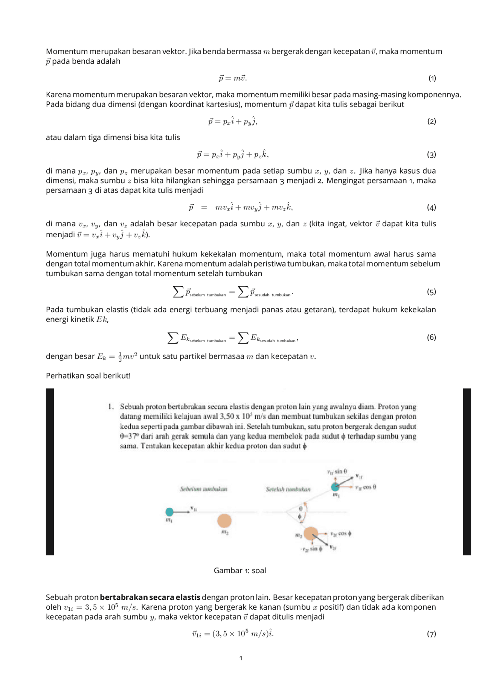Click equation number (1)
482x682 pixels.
(432, 78)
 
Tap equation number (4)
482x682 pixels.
(432, 207)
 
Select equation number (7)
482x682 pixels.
(432, 634)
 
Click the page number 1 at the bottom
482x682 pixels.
(241, 658)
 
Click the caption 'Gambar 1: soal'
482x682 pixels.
(240, 571)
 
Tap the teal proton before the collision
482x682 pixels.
(169, 512)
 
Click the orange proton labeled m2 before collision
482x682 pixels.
(224, 521)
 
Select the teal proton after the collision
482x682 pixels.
(335, 487)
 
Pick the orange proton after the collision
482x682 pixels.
(311, 534)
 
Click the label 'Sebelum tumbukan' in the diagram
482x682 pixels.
(203, 489)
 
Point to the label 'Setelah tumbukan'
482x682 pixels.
(288, 489)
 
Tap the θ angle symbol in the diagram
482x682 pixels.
(301, 508)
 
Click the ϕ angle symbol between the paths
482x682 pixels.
(300, 517)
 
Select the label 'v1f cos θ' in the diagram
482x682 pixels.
(365, 487)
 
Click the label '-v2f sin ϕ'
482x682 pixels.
(311, 549)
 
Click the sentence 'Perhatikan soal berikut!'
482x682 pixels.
(88, 375)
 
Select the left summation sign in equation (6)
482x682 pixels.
(173, 338)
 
